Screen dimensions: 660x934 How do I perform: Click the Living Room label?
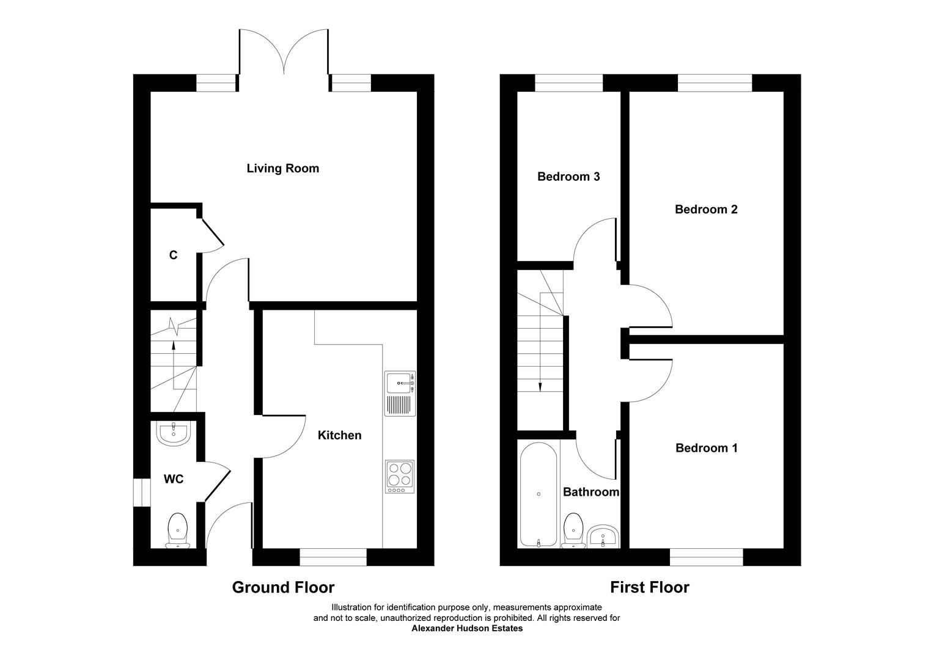(x=282, y=168)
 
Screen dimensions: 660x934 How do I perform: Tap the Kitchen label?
(x=339, y=435)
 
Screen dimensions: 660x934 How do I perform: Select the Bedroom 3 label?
(x=568, y=177)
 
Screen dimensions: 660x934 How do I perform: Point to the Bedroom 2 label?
(x=705, y=209)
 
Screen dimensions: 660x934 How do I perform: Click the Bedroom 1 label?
(x=706, y=448)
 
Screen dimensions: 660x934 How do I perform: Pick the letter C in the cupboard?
(x=173, y=255)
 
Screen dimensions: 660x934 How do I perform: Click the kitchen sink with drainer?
(x=400, y=394)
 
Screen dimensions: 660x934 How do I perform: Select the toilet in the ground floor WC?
(x=177, y=530)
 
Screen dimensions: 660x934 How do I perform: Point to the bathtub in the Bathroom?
(x=538, y=494)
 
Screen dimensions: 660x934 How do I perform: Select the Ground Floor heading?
(x=283, y=587)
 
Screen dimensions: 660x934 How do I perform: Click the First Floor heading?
(x=649, y=587)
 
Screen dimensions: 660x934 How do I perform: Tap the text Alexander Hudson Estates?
(x=466, y=628)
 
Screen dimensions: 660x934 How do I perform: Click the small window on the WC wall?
(x=142, y=493)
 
